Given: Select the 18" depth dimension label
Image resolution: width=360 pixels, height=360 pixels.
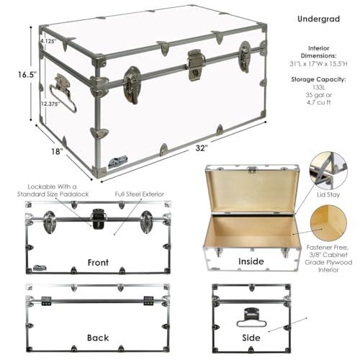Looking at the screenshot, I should pyautogui.click(x=57, y=150).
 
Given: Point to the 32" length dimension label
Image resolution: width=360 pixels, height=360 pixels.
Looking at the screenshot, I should pyautogui.click(x=202, y=147).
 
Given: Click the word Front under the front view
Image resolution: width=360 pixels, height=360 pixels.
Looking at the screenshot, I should pyautogui.click(x=97, y=262).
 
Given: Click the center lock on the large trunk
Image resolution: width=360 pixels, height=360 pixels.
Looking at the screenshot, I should pyautogui.click(x=196, y=64).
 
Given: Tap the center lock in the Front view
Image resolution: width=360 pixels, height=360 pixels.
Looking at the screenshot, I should pyautogui.click(x=99, y=220).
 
